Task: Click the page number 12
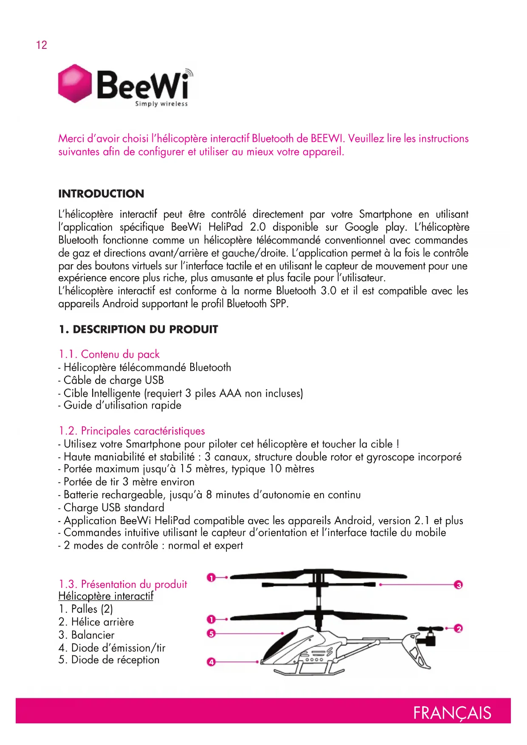(x=42, y=45)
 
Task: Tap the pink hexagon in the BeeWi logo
(x=75, y=84)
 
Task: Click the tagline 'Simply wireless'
(x=161, y=104)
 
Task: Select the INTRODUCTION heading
(x=101, y=194)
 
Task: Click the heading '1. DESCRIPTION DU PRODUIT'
(x=138, y=330)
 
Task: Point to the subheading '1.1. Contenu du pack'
(x=109, y=354)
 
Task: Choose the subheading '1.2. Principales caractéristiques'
(x=132, y=431)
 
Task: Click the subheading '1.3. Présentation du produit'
(x=123, y=584)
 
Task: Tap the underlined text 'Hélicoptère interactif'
(x=106, y=596)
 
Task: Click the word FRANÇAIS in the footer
(x=452, y=713)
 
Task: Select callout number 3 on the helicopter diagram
(x=458, y=585)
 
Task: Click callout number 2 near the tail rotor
(x=458, y=628)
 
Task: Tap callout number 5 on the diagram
(x=211, y=633)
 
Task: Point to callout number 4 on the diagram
(x=211, y=662)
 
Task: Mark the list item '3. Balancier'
(x=87, y=635)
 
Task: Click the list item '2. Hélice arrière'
(x=96, y=622)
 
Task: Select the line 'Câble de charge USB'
(x=113, y=380)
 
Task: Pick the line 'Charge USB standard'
(x=113, y=508)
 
